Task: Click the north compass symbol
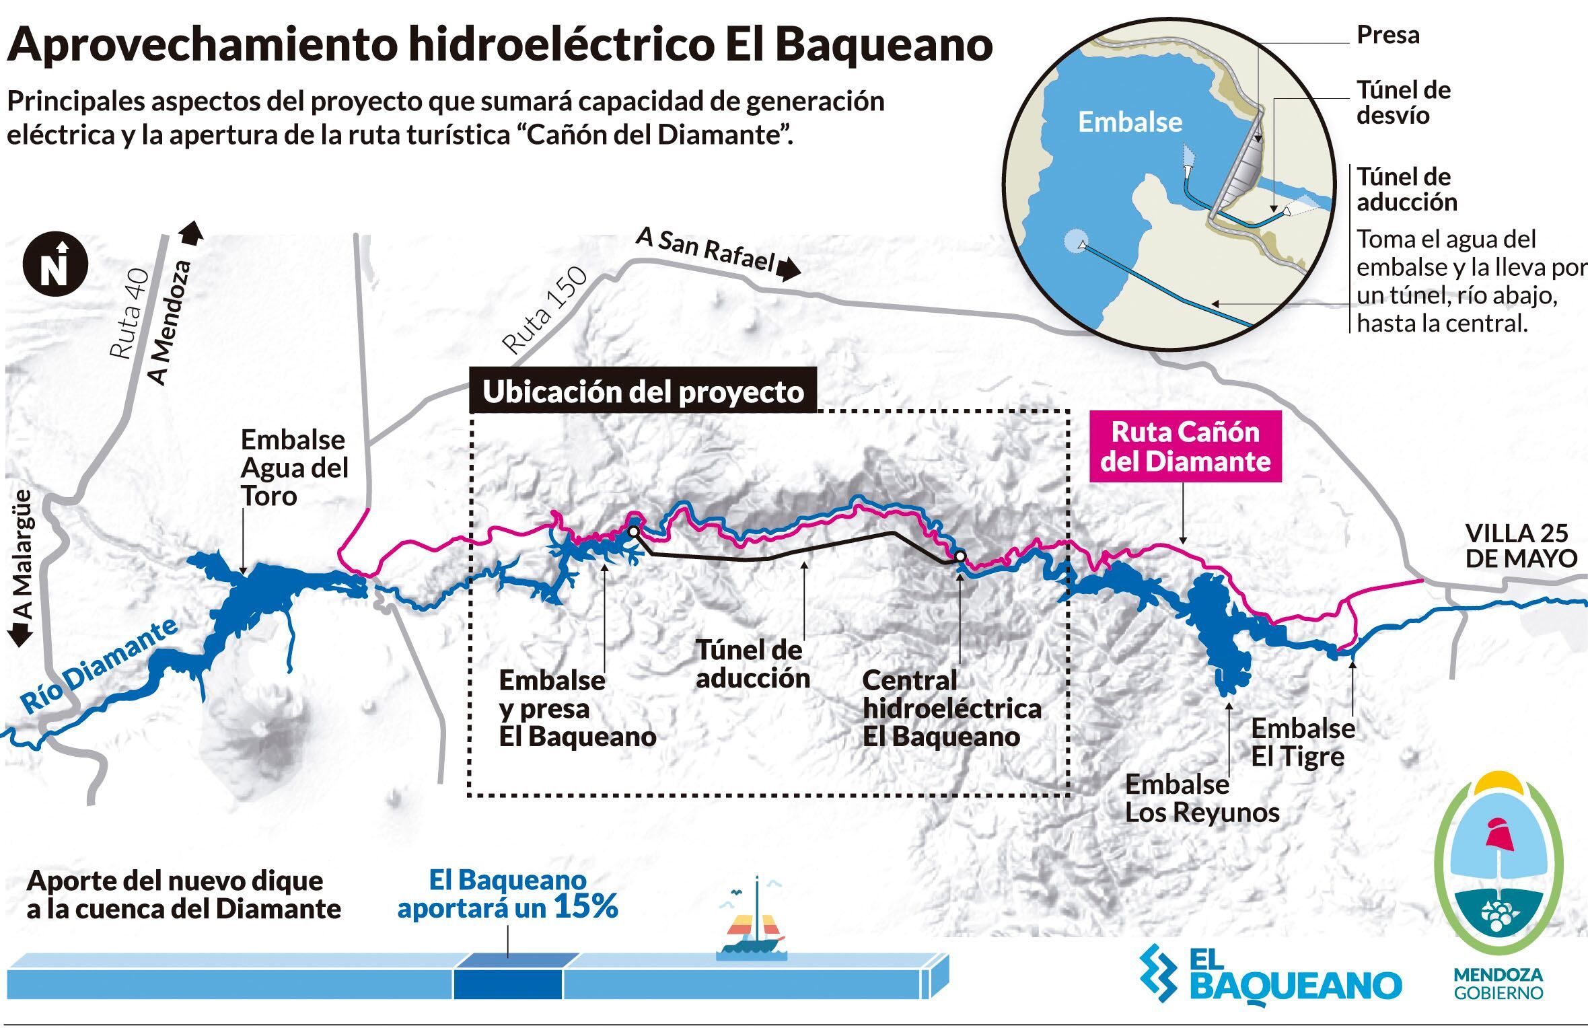click(x=55, y=265)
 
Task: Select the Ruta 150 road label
click(x=545, y=311)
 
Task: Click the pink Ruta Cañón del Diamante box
click(x=1185, y=447)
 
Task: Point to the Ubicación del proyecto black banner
click(x=643, y=392)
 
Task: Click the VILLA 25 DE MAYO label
click(x=1521, y=546)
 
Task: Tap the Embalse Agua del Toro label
click(x=294, y=468)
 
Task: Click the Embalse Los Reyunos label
click(x=1202, y=799)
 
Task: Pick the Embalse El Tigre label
click(x=1303, y=742)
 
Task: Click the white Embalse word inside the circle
click(x=1130, y=122)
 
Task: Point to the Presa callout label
click(x=1387, y=35)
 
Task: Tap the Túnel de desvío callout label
click(x=1403, y=102)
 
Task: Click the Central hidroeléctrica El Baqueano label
click(x=951, y=708)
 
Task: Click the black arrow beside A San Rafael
click(x=789, y=270)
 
